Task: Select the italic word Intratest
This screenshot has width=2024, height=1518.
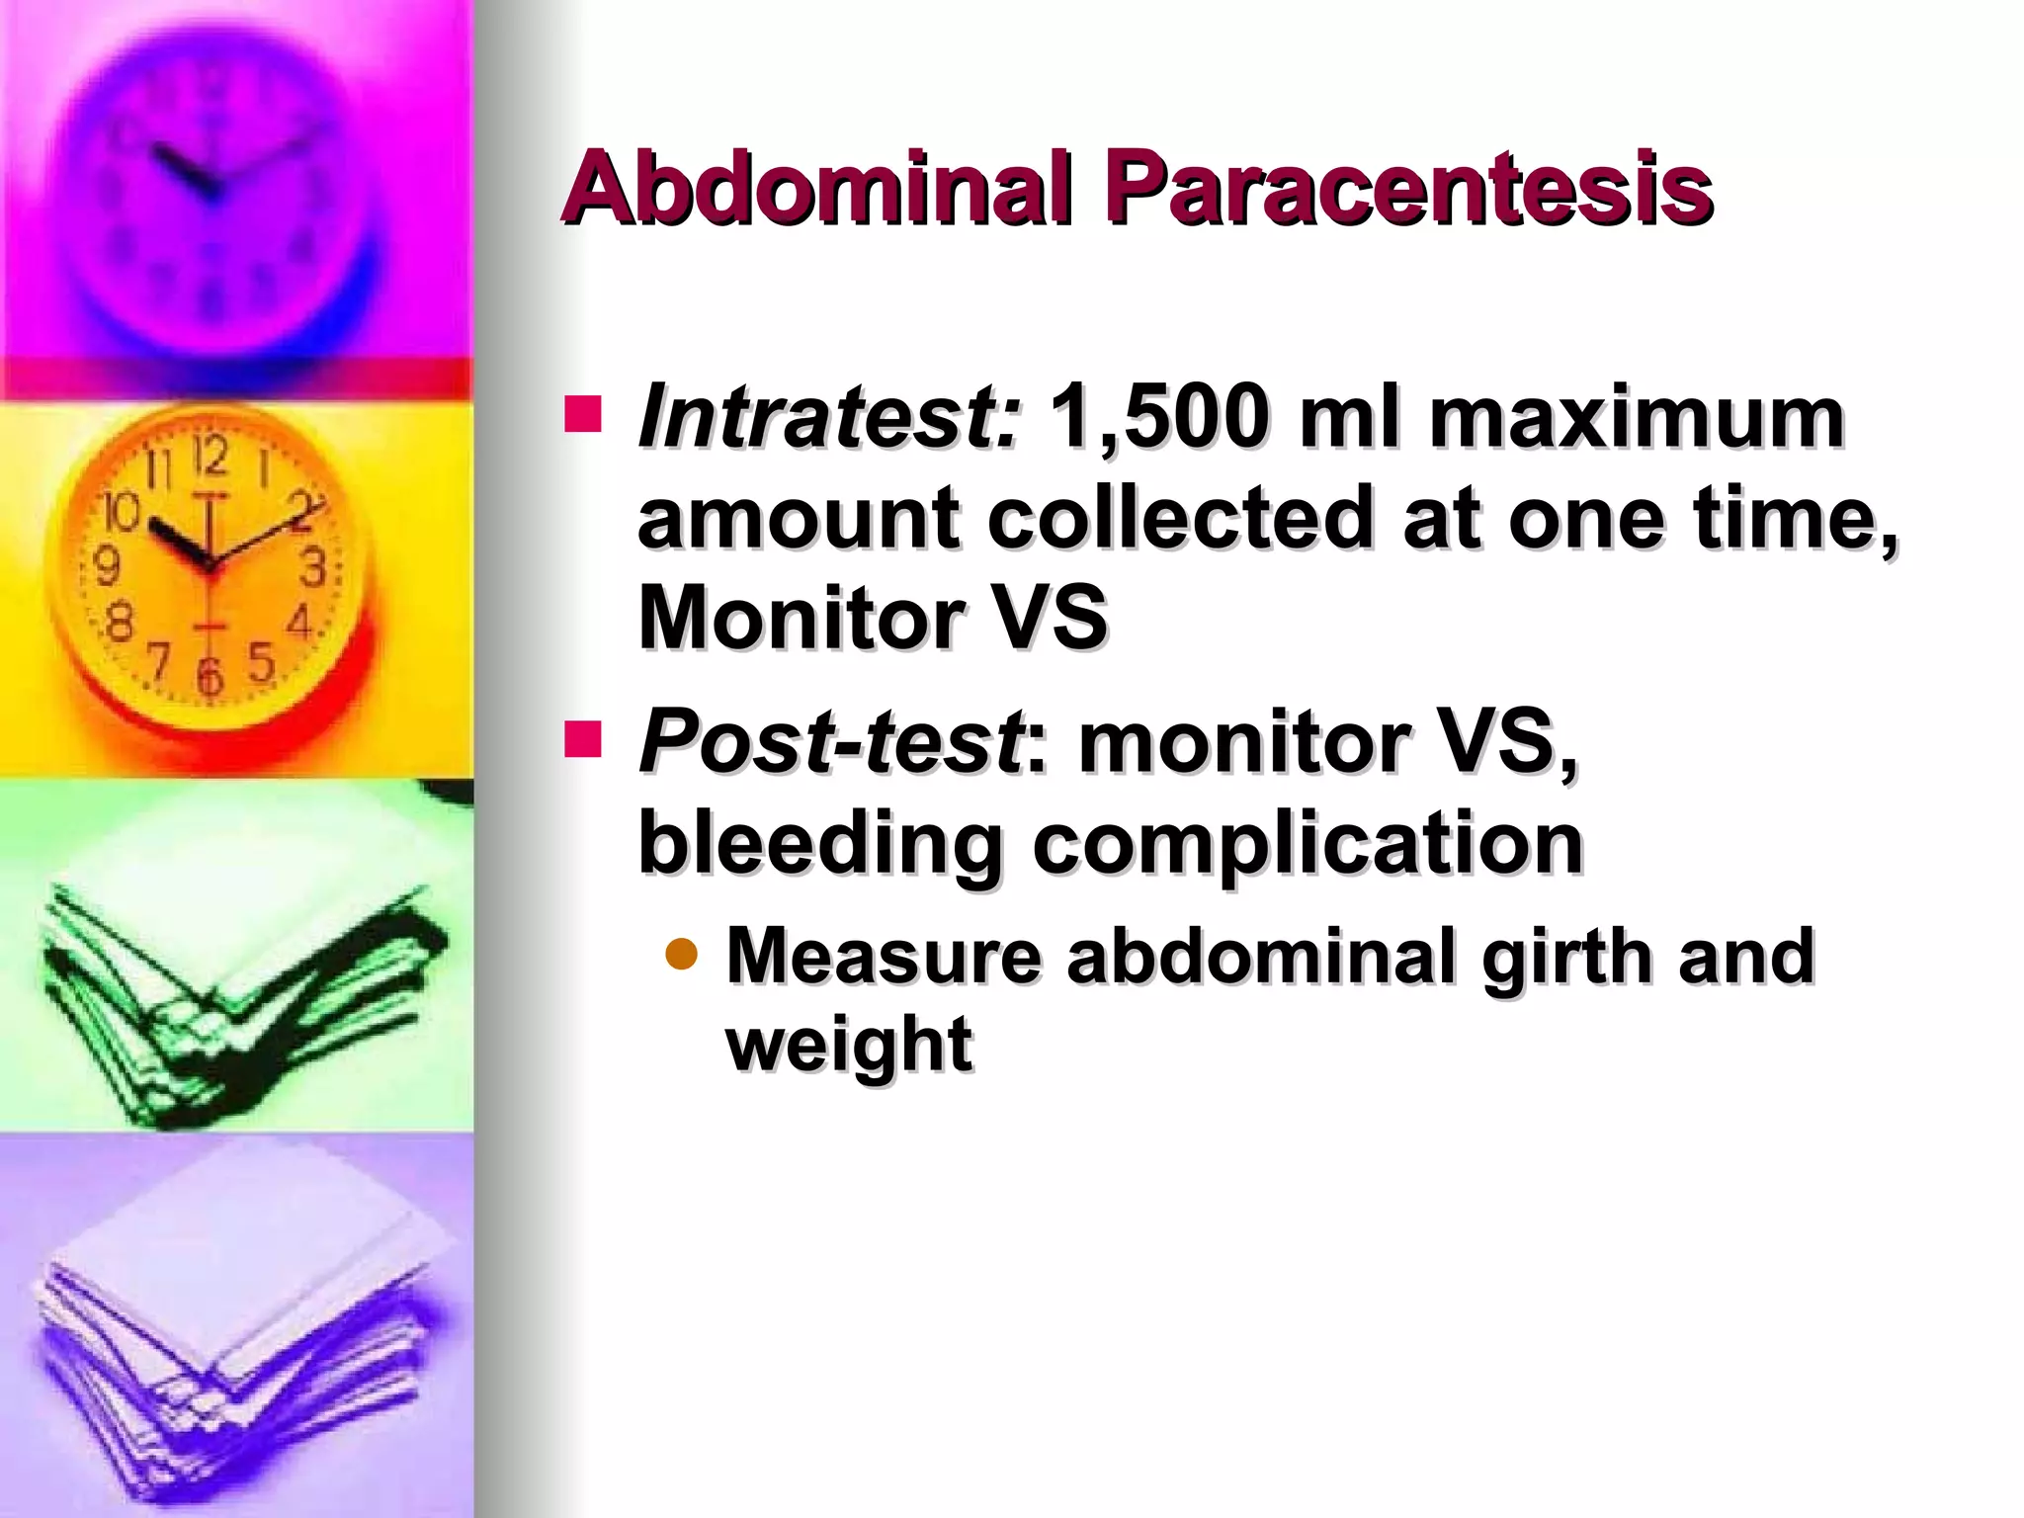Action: coord(828,417)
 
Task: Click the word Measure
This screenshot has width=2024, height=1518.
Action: coord(884,957)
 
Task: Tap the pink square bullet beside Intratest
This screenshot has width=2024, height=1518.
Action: coord(583,415)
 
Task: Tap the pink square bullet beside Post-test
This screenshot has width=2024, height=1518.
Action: coord(583,738)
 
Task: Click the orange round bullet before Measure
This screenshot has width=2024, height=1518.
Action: coord(682,955)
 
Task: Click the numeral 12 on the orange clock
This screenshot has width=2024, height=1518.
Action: coord(211,456)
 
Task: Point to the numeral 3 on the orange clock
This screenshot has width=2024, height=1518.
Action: coord(313,568)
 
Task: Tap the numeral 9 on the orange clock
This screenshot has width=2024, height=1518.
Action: coord(106,566)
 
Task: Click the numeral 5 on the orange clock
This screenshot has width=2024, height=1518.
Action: coord(261,662)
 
